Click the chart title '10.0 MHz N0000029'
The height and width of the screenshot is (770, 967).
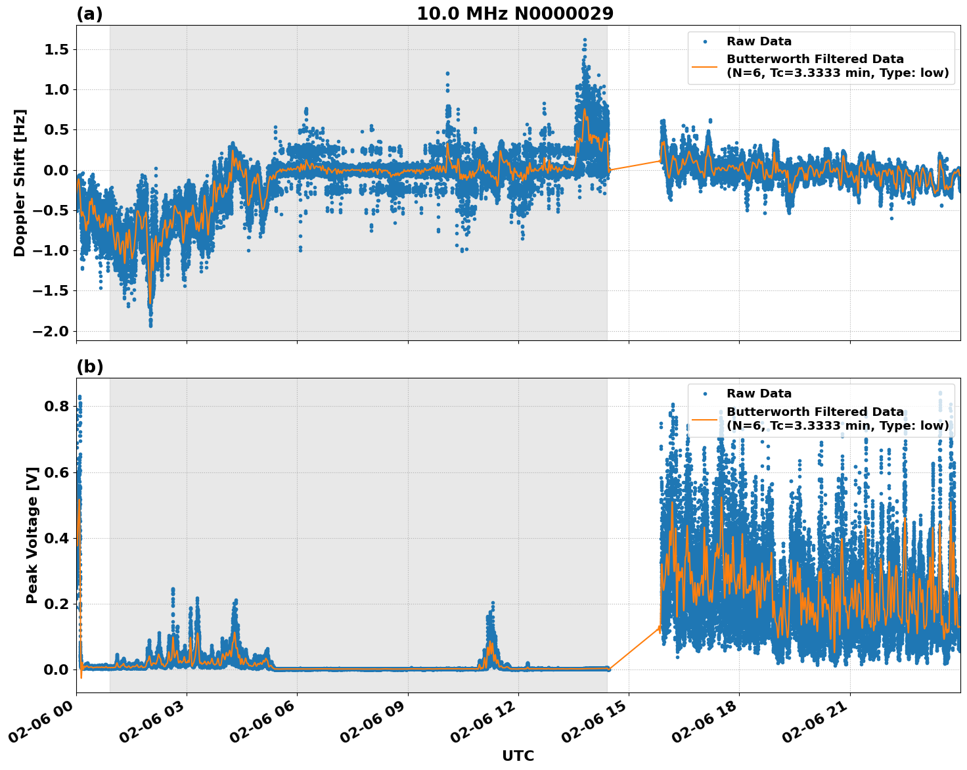click(x=514, y=14)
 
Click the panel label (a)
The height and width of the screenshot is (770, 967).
click(x=89, y=14)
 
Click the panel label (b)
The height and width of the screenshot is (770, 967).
click(x=89, y=367)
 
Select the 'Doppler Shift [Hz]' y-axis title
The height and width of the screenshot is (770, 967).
click(x=20, y=183)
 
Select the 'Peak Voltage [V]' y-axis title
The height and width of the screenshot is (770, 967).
click(x=32, y=535)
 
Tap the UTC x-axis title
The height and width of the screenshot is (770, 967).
click(x=518, y=756)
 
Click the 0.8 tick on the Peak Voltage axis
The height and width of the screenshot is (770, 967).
click(x=57, y=407)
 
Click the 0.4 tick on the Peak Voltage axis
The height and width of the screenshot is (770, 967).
click(x=57, y=538)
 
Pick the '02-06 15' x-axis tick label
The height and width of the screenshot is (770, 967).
click(x=595, y=725)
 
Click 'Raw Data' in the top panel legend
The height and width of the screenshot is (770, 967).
click(x=759, y=41)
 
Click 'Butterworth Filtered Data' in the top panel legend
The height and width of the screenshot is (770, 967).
click(x=815, y=59)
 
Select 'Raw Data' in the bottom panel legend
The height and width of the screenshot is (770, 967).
click(x=759, y=394)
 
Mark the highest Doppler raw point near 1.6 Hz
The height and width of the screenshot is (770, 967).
click(x=585, y=40)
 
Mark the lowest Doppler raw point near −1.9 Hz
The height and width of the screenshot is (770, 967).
click(x=150, y=325)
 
